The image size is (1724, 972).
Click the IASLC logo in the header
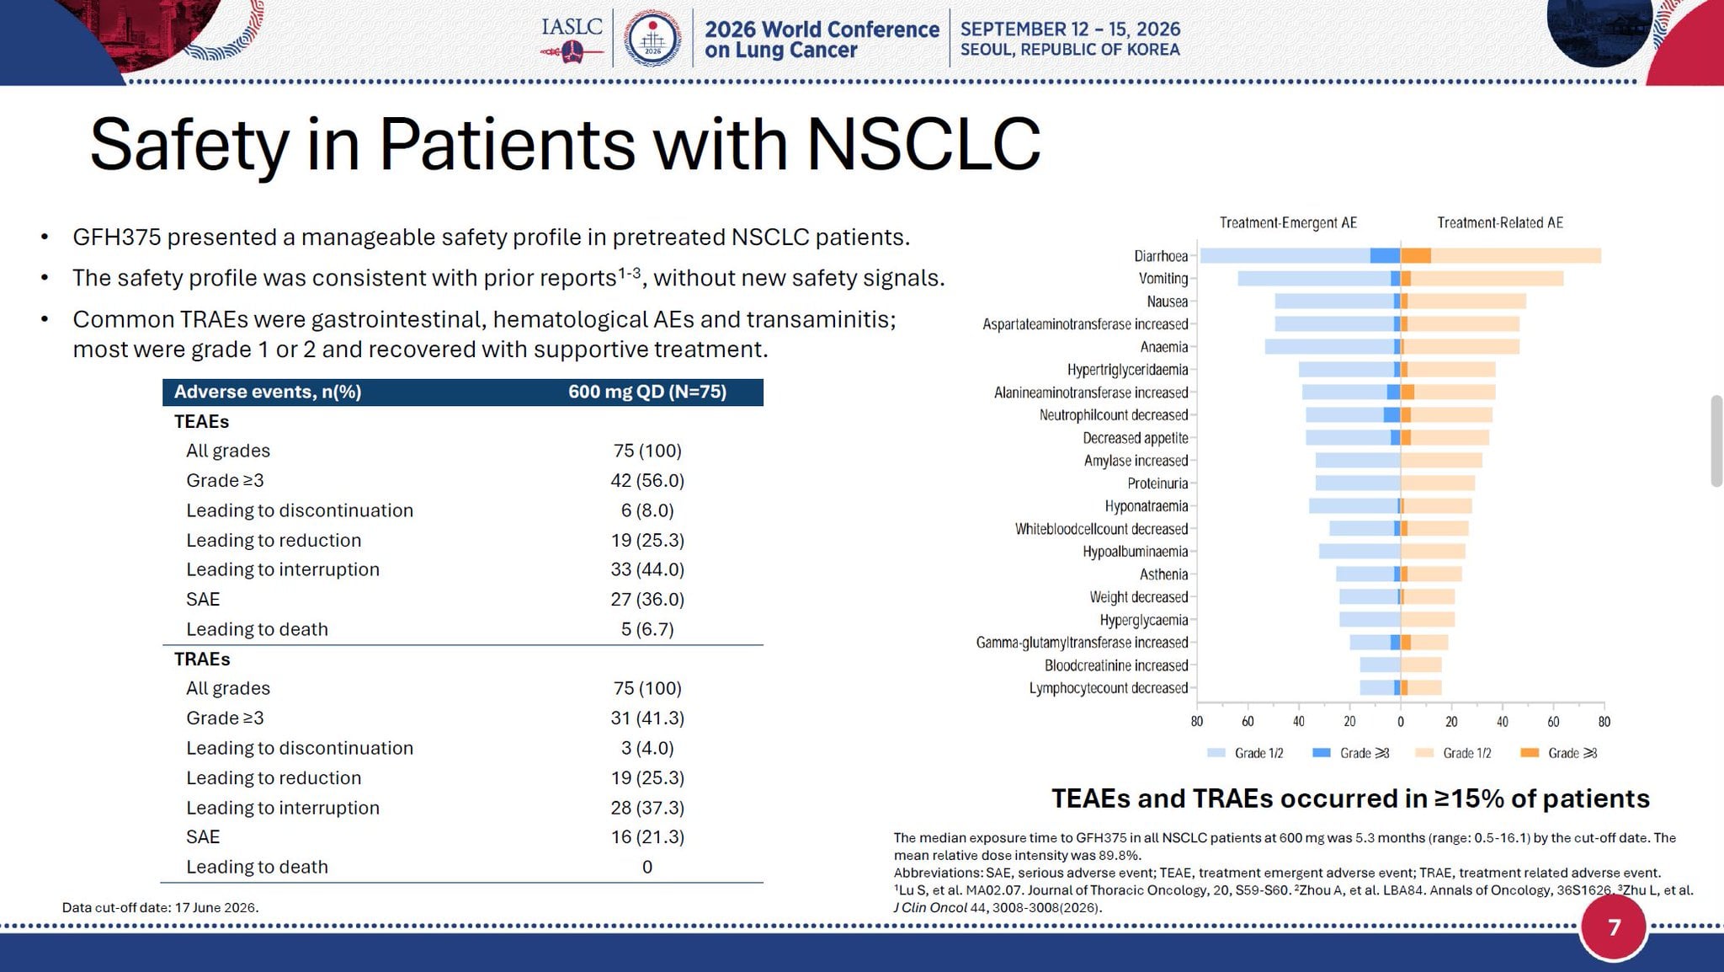coord(572,39)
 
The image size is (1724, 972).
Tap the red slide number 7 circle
coord(1614,927)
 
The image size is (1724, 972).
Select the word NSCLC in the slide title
coord(923,144)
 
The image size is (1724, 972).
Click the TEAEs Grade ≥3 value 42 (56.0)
coord(647,480)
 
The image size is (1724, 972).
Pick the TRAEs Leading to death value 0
coord(647,867)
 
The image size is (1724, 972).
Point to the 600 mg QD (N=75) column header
coord(647,392)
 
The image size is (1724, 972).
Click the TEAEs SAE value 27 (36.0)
coord(647,599)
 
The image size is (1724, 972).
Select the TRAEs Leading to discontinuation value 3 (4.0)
coord(647,748)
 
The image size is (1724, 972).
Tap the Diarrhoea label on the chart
coord(1161,256)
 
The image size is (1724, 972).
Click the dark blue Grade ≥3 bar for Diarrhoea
coord(1385,256)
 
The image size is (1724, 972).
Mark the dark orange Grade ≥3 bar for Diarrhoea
coord(1416,256)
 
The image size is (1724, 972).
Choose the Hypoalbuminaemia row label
coord(1136,552)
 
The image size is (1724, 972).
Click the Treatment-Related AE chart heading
coord(1500,222)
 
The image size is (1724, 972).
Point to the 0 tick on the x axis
coord(1401,722)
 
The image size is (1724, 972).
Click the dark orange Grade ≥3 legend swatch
coord(1530,753)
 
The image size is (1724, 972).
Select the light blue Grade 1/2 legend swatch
coord(1216,753)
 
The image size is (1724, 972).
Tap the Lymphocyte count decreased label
coord(1109,688)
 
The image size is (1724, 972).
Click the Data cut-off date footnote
coord(160,907)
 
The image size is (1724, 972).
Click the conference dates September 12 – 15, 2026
coord(1070,29)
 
